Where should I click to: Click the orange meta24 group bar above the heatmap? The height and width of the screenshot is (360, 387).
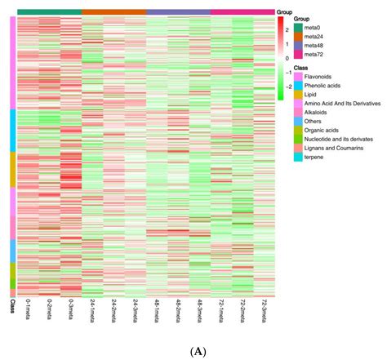113,12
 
